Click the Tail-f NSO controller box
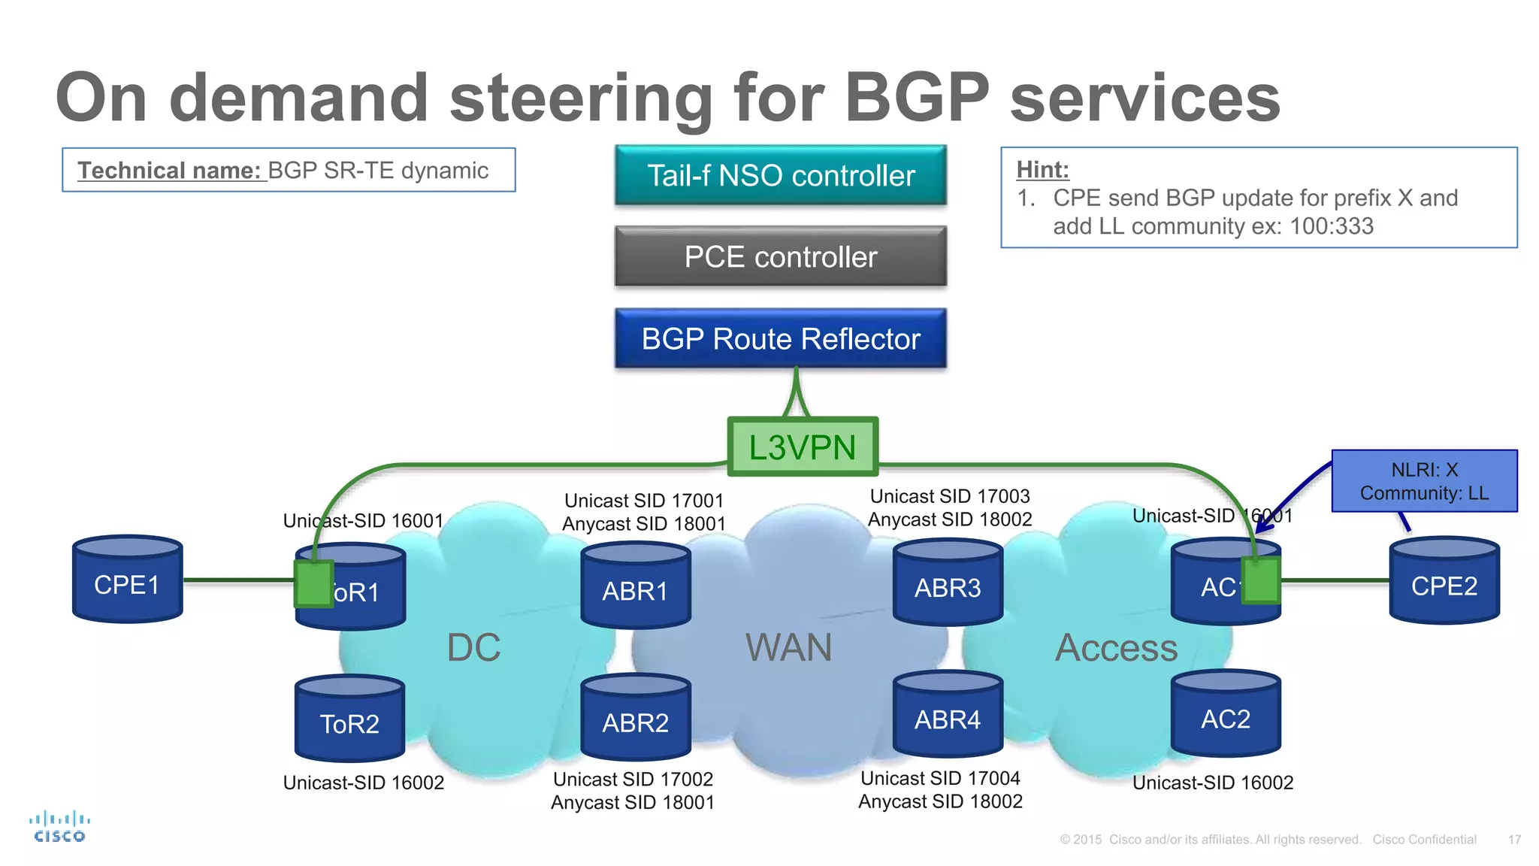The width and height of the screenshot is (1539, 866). click(x=780, y=175)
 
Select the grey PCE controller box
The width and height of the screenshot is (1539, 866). click(x=780, y=256)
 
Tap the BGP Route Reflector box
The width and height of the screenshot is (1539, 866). click(x=780, y=338)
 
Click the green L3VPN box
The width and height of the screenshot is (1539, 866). click(x=803, y=447)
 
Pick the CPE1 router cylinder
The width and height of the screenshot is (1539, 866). click(x=127, y=580)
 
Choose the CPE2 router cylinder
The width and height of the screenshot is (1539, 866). click(x=1444, y=580)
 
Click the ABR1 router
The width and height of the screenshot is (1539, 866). click(x=635, y=586)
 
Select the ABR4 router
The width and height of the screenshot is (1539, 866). click(x=947, y=715)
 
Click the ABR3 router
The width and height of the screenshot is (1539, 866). click(x=947, y=583)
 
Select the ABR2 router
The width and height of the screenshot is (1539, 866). click(x=635, y=718)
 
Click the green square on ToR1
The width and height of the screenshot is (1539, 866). click(x=314, y=583)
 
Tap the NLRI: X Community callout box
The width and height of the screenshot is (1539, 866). click(x=1424, y=481)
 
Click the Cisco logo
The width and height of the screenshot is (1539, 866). click(x=59, y=827)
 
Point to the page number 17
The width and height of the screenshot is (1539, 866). click(x=1514, y=840)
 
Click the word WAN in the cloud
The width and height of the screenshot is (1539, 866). click(x=788, y=647)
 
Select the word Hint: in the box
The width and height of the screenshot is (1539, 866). click(x=1042, y=169)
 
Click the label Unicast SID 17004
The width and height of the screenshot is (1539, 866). click(x=940, y=778)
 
